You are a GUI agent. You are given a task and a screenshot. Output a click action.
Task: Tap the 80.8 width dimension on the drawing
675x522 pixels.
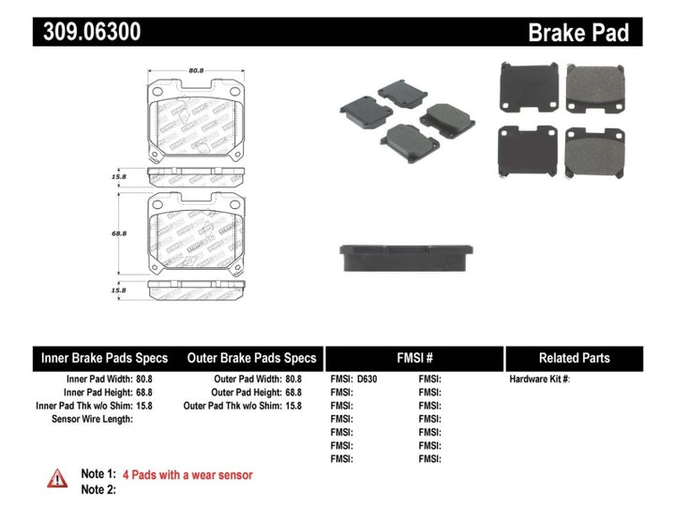pyautogui.click(x=196, y=68)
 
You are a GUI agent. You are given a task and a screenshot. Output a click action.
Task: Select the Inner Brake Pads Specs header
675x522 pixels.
pyautogui.click(x=104, y=358)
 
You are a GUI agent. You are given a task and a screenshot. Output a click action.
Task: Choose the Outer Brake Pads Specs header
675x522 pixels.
pyautogui.click(x=252, y=358)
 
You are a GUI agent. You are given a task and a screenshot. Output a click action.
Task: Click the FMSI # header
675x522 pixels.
pyautogui.click(x=413, y=358)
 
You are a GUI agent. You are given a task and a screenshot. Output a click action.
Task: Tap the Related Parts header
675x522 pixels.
pyautogui.click(x=574, y=358)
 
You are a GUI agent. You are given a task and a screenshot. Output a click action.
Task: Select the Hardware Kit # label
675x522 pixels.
pyautogui.click(x=539, y=380)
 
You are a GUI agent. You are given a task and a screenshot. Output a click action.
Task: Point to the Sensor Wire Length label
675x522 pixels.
pyautogui.click(x=91, y=419)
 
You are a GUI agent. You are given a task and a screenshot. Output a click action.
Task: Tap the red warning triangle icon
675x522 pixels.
pyautogui.click(x=57, y=478)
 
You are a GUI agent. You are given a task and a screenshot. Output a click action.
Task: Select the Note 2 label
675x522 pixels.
pyautogui.click(x=98, y=489)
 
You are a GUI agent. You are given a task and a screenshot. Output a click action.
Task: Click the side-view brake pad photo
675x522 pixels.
pyautogui.click(x=405, y=257)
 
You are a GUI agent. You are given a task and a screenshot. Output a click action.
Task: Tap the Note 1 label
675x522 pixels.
pyautogui.click(x=98, y=475)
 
